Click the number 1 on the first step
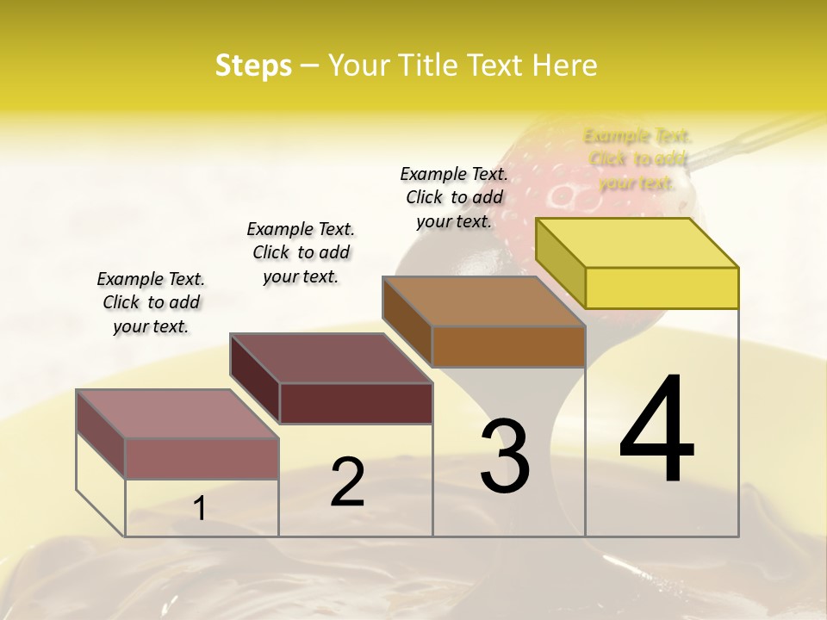[200, 509]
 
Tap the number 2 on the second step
[347, 482]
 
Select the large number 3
[505, 456]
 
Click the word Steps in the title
[253, 65]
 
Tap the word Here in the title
[564, 65]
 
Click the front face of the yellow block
[662, 288]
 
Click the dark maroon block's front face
[356, 403]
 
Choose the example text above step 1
[151, 302]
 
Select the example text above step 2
[301, 252]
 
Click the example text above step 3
[454, 197]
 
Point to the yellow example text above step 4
[637, 159]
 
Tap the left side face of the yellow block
[561, 262]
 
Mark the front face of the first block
[202, 458]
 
